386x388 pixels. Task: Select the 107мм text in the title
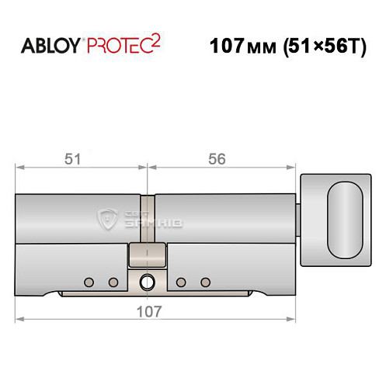point(240,45)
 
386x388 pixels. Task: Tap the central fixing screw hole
point(148,282)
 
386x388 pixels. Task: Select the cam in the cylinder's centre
point(148,253)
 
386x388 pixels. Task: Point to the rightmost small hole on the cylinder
point(205,281)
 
